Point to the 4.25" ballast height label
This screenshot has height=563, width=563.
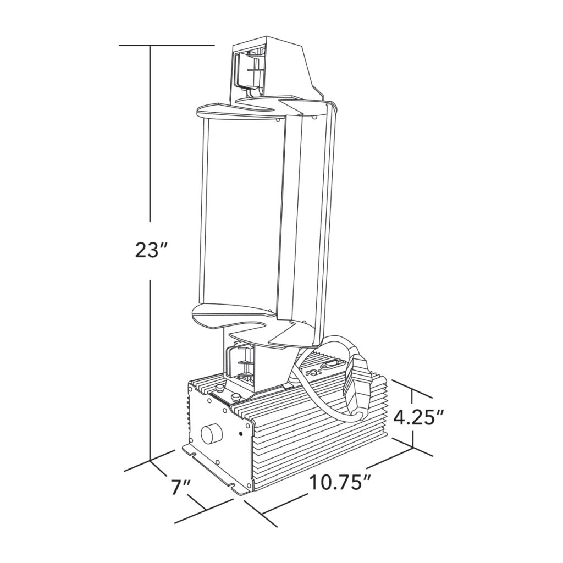coord(419,418)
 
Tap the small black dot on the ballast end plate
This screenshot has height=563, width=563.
coord(240,434)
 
